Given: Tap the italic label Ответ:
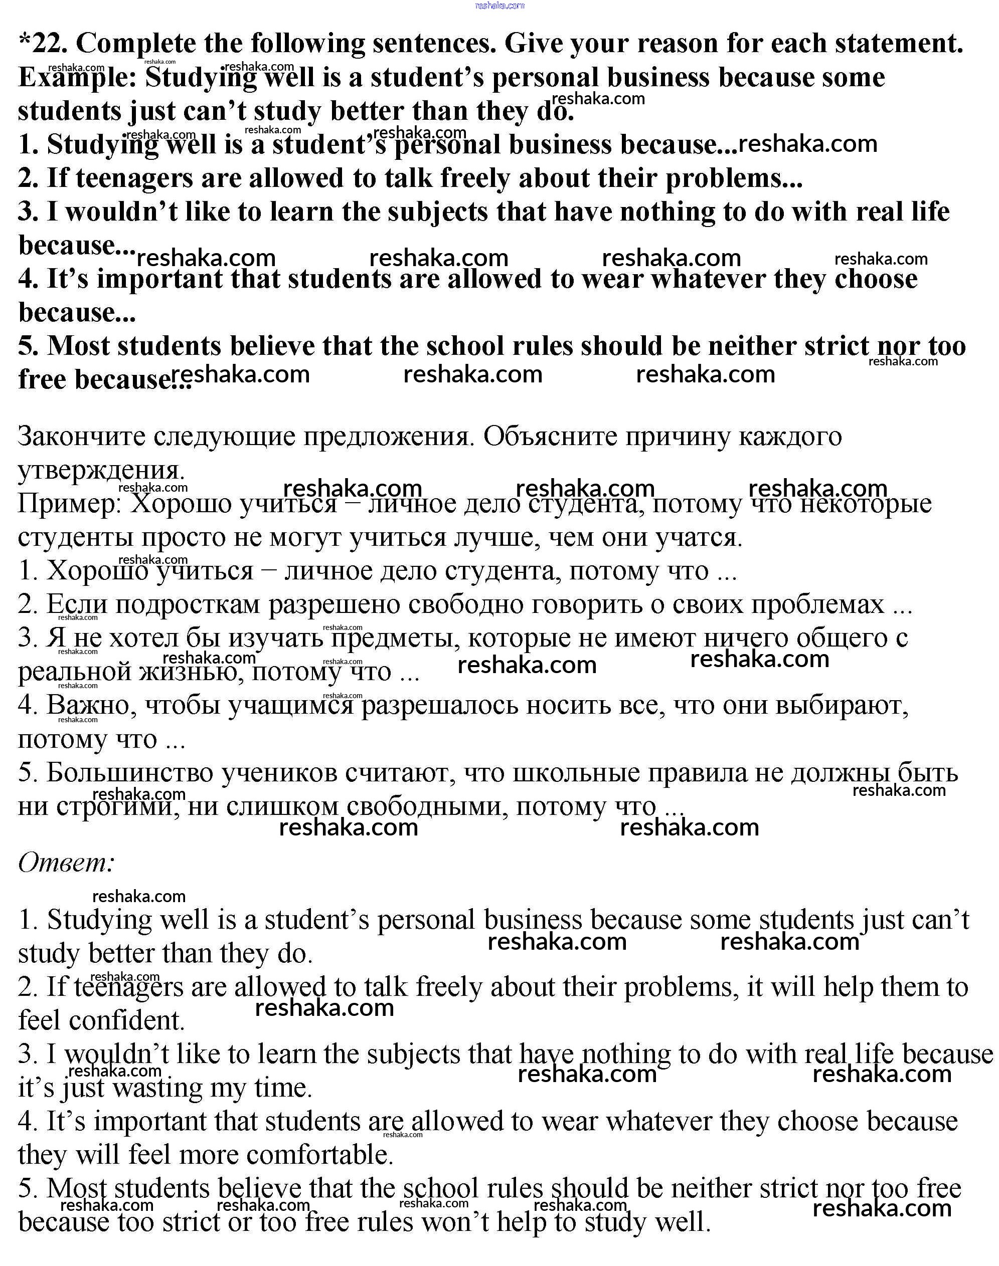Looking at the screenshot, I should click(66, 863).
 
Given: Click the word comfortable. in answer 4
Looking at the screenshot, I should click(320, 1156).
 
